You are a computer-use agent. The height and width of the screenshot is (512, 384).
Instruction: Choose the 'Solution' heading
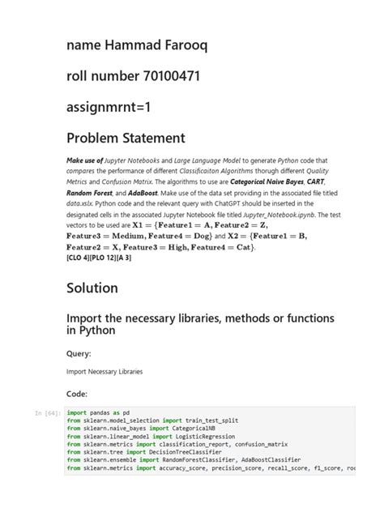tap(92, 288)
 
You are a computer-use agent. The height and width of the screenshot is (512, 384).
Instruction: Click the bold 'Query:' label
tap(78, 353)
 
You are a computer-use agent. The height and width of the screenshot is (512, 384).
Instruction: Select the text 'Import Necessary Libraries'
tap(105, 372)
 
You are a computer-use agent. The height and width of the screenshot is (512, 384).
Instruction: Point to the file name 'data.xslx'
tap(80, 206)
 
